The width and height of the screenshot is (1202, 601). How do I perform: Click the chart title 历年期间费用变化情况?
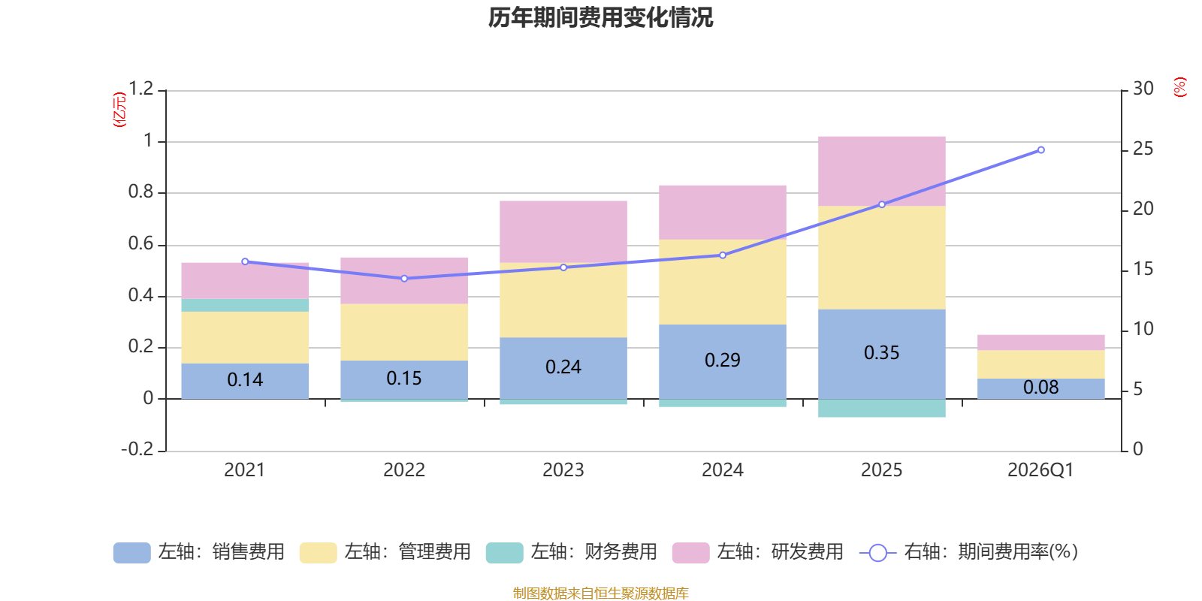(x=600, y=17)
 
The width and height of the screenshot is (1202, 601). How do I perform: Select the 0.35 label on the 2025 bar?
(x=881, y=352)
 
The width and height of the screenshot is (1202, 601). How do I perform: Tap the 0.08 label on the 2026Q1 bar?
(x=1040, y=388)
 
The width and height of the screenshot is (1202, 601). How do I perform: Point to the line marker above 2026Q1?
(x=1040, y=150)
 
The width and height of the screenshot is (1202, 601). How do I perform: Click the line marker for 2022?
(x=404, y=279)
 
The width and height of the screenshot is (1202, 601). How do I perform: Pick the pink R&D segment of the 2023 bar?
(x=563, y=231)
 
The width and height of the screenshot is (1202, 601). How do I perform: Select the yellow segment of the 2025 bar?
(x=881, y=257)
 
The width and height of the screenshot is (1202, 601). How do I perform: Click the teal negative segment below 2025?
(x=881, y=409)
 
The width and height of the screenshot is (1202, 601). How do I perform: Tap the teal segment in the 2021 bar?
(x=245, y=305)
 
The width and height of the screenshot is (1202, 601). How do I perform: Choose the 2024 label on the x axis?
(x=723, y=470)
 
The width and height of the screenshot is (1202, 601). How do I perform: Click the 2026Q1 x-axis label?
(x=1040, y=470)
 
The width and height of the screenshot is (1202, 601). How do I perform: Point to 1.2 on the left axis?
(x=140, y=89)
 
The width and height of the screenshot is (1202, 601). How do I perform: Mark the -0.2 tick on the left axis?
(x=137, y=449)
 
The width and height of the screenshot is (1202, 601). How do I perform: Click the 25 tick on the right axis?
(x=1143, y=149)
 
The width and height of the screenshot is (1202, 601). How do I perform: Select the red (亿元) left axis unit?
(x=119, y=110)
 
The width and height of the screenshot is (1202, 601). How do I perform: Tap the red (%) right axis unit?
(x=1180, y=87)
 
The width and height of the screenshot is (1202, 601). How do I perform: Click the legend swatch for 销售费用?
(x=131, y=553)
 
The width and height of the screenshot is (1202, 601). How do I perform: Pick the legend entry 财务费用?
(x=593, y=552)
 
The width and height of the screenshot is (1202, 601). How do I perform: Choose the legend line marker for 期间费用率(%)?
(x=877, y=553)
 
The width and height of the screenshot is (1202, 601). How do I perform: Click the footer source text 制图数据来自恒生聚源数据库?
(x=600, y=593)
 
